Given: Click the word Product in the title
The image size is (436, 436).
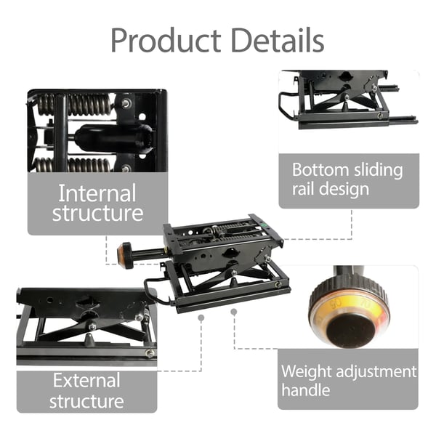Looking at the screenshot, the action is coord(166,41).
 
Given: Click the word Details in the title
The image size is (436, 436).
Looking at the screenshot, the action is coord(278,40).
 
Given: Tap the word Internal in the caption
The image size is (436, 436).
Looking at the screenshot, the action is coord(97,193).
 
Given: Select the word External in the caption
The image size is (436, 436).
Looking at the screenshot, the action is coord(86,380).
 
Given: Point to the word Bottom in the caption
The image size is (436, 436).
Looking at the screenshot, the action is coord(320,169).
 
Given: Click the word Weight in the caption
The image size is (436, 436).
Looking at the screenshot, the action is coord(307,373).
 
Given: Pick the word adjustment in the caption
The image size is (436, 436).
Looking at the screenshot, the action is coord(376,373).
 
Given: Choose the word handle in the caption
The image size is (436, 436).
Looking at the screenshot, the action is coord(306,389).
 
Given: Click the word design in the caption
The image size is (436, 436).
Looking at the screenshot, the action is coord(344,190).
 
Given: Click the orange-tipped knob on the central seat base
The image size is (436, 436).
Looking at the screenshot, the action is coord(125,256).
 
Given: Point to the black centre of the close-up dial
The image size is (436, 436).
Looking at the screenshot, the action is coord(350,331).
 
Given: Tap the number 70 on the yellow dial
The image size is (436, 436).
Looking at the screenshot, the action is coord(365,305).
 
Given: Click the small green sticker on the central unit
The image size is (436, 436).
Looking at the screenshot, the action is coord(262,223).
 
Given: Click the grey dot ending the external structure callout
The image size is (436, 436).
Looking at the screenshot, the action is coord(201,318).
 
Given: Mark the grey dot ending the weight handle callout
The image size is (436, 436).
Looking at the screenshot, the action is coord(234,312).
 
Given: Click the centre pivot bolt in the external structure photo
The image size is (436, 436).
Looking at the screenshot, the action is coord(92,326).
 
